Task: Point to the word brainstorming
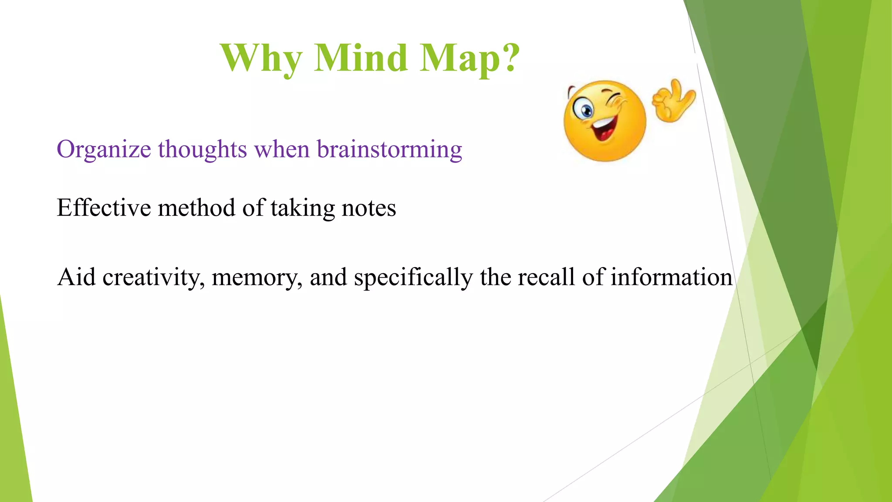[x=389, y=150]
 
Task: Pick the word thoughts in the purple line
[x=203, y=149]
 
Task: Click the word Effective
[x=104, y=207]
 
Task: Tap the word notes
[x=369, y=208]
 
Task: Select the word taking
[x=303, y=208]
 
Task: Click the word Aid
[x=77, y=277]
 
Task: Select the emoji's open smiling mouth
[x=604, y=128]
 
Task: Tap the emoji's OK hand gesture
[x=673, y=101]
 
